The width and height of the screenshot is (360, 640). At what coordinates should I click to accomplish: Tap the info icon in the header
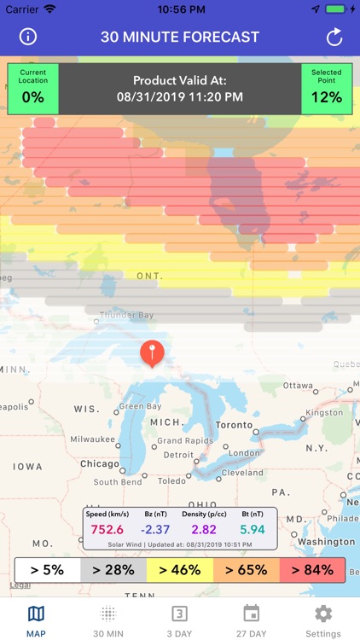point(29,37)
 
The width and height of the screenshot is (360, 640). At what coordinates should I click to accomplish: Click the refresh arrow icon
point(334,37)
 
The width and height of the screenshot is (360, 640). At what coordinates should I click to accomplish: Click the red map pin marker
point(152,353)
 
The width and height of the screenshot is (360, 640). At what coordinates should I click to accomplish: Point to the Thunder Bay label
point(127,316)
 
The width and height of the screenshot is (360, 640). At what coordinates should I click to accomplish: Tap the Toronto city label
point(234,425)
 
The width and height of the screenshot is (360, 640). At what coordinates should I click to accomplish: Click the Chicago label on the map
point(100,464)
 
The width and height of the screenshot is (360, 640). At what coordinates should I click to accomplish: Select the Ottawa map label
point(299,386)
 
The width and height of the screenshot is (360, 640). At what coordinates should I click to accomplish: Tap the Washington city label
point(327,542)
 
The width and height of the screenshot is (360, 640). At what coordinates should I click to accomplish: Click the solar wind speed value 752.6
point(107,529)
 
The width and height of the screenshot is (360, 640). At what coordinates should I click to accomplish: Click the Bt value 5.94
point(252,529)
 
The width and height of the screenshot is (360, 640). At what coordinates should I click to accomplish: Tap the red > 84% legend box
point(311,570)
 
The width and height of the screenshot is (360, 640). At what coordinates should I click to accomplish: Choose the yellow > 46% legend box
point(179,570)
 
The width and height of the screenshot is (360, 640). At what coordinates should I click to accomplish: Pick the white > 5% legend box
point(47,570)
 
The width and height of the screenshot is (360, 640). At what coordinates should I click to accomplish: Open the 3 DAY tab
point(179,620)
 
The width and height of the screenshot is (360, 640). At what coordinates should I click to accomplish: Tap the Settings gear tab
point(323,620)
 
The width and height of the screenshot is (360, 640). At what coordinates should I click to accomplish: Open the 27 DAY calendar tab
point(251,620)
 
